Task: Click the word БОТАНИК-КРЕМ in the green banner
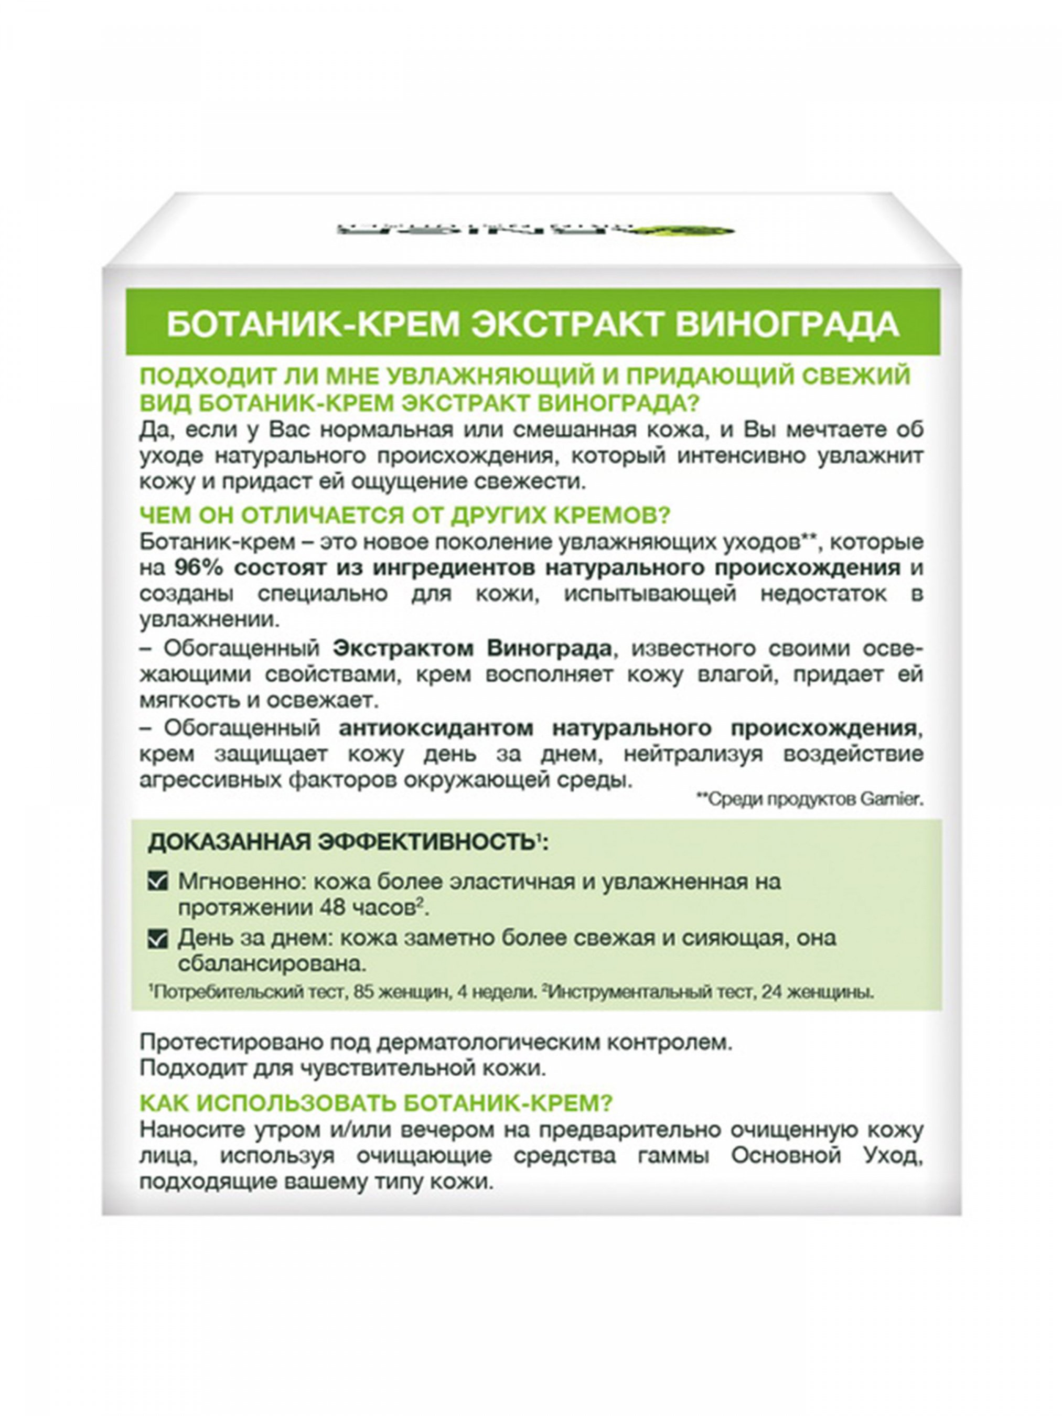[313, 325]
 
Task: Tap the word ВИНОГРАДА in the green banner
[787, 325]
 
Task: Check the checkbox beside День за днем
[157, 940]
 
